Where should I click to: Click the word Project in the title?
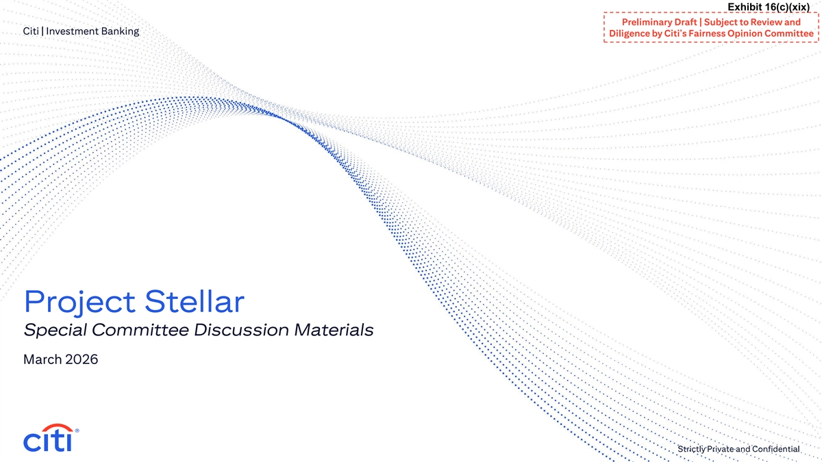pyautogui.click(x=79, y=303)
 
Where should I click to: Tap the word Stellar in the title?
pyautogui.click(x=195, y=301)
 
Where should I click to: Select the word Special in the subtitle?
pyautogui.click(x=55, y=330)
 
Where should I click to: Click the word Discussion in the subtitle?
pyautogui.click(x=241, y=330)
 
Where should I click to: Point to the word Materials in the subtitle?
pyautogui.click(x=334, y=330)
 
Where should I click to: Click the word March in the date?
pyautogui.click(x=42, y=359)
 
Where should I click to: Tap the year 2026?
pyautogui.click(x=82, y=359)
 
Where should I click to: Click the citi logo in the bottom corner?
pyautogui.click(x=51, y=438)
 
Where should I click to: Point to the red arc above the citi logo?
pyautogui.click(x=57, y=427)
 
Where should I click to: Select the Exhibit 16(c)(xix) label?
pyautogui.click(x=769, y=7)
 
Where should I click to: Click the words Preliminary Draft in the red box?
pyautogui.click(x=659, y=23)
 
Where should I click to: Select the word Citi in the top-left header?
pyautogui.click(x=31, y=31)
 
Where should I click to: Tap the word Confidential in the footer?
pyautogui.click(x=775, y=449)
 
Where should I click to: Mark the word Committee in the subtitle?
pyautogui.click(x=140, y=330)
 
